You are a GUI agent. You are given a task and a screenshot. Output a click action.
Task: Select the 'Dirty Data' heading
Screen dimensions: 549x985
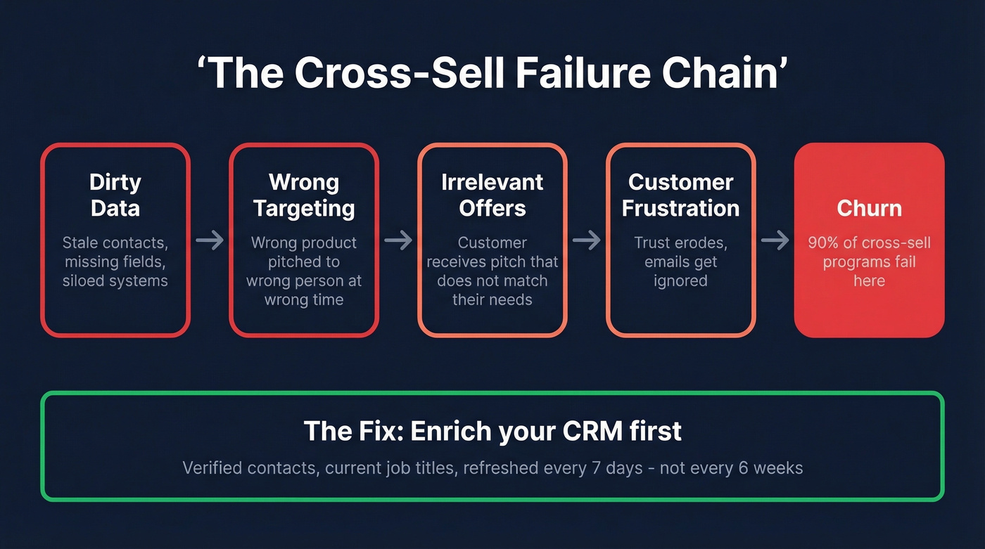pos(115,195)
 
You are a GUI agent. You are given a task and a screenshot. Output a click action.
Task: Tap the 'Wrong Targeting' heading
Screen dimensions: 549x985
pos(304,195)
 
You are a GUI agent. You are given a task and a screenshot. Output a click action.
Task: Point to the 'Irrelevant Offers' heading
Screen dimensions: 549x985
pos(493,195)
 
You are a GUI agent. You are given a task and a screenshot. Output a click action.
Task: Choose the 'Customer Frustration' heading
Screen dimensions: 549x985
pos(680,195)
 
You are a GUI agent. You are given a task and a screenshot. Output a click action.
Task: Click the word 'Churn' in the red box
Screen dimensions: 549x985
pos(869,208)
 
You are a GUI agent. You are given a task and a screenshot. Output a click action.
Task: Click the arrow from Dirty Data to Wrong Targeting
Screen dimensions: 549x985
pos(210,240)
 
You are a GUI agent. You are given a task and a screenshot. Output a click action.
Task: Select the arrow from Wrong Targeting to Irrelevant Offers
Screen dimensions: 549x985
pos(398,240)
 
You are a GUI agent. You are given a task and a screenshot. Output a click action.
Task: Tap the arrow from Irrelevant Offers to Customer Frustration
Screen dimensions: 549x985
pos(587,240)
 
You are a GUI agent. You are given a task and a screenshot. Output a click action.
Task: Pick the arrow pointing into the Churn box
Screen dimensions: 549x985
pos(775,240)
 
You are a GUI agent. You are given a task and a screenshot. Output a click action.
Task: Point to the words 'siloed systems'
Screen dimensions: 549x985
pos(115,281)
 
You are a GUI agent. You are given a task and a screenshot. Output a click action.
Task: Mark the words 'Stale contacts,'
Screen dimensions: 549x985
pos(115,243)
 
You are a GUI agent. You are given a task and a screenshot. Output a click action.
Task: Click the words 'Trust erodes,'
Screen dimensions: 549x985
pos(680,243)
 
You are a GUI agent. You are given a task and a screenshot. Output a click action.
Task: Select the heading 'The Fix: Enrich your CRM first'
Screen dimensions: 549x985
pos(493,431)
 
